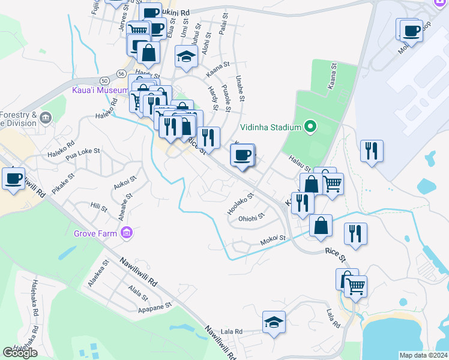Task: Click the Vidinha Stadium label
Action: (270, 127)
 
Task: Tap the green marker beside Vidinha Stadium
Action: (310, 127)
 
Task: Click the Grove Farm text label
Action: (96, 232)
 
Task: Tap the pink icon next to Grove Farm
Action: (126, 232)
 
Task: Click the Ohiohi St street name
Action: (251, 218)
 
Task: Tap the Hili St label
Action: (98, 208)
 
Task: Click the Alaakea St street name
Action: (98, 273)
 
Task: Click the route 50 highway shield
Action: (104, 80)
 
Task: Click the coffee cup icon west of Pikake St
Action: (14, 178)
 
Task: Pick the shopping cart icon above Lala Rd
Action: (355, 286)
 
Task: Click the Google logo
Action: (20, 353)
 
